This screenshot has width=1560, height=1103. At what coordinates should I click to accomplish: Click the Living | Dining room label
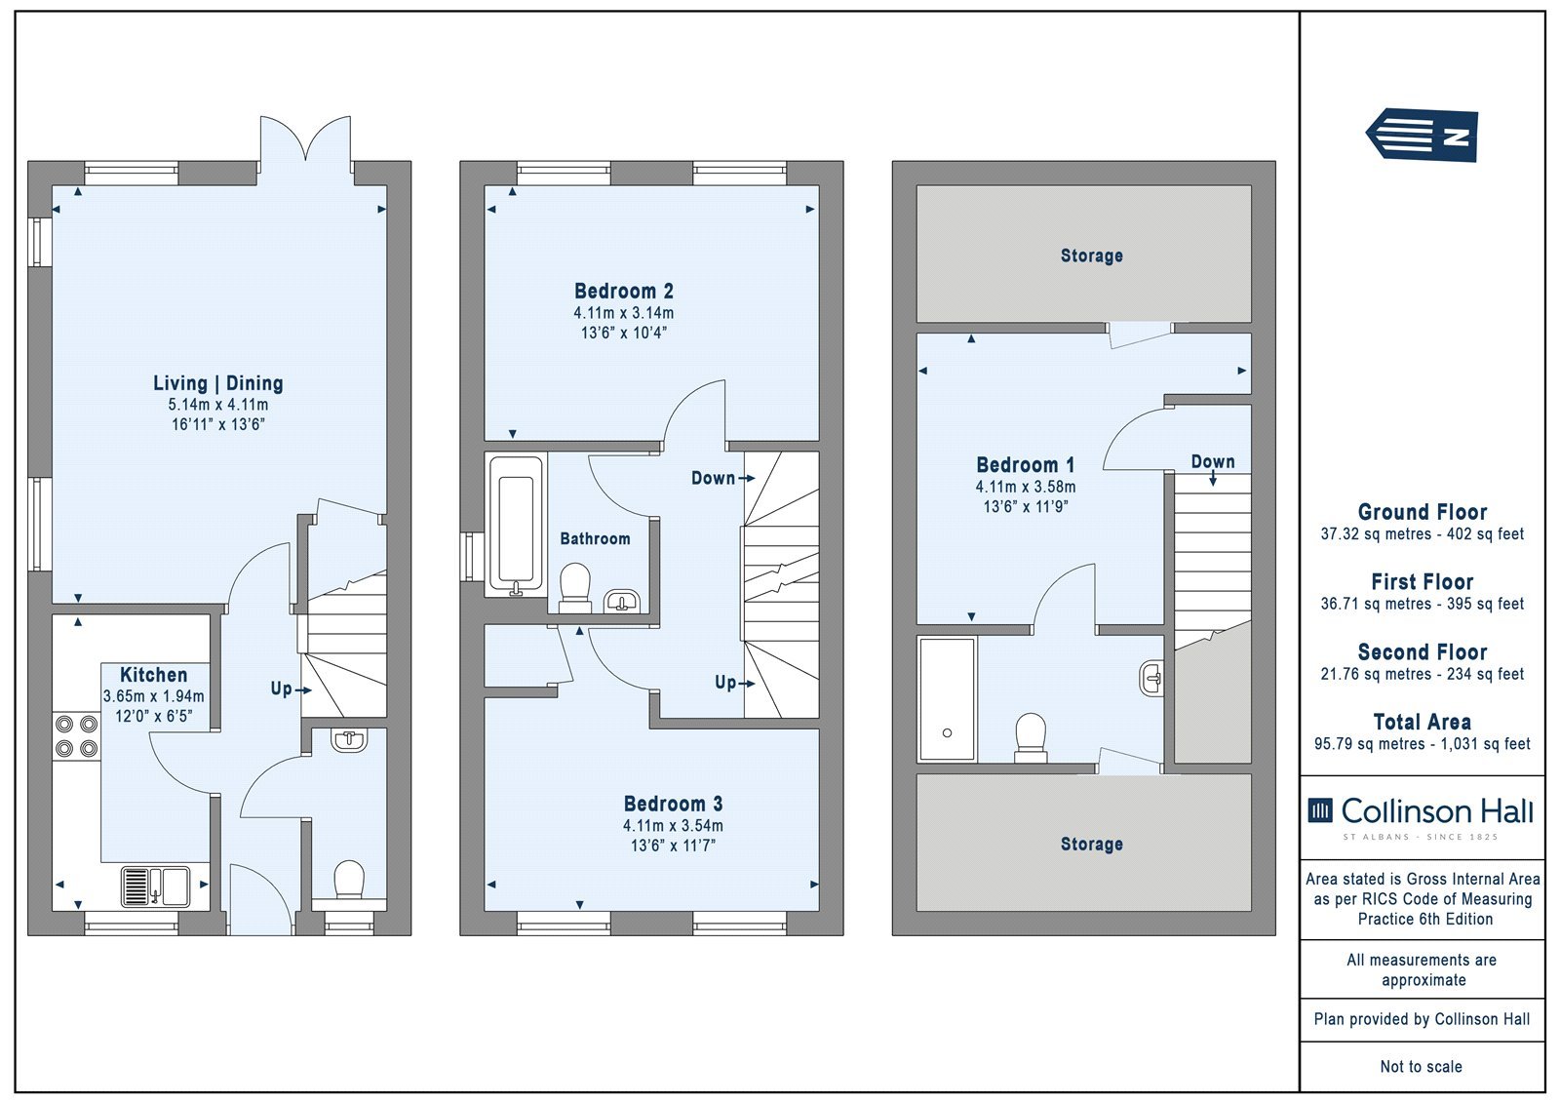pyautogui.click(x=218, y=383)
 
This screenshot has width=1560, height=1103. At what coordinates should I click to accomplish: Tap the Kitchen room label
pyautogui.click(x=153, y=675)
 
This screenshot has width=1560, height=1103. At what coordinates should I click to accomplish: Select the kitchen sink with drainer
pyautogui.click(x=155, y=886)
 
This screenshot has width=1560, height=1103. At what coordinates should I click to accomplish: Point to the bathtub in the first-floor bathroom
pyautogui.click(x=516, y=525)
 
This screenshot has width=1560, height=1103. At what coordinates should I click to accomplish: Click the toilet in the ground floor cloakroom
pyautogui.click(x=350, y=881)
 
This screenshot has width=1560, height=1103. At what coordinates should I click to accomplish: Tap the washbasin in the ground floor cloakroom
pyautogui.click(x=349, y=740)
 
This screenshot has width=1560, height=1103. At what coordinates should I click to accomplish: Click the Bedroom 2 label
pyautogui.click(x=624, y=292)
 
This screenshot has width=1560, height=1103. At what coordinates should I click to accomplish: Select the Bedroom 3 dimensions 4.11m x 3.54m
pyautogui.click(x=673, y=826)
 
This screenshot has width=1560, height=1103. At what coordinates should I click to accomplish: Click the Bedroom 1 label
pyautogui.click(x=1025, y=465)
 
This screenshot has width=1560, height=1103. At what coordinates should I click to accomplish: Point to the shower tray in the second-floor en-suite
pyautogui.click(x=947, y=699)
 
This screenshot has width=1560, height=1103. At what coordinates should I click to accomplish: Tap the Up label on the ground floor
pyautogui.click(x=282, y=689)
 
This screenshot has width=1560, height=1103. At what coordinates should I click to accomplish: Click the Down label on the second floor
pyautogui.click(x=1213, y=461)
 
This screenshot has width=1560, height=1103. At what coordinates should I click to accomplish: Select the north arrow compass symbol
pyautogui.click(x=1422, y=136)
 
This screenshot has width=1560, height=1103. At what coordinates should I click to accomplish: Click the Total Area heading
pyautogui.click(x=1423, y=722)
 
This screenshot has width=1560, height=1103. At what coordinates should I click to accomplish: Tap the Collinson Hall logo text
pyautogui.click(x=1437, y=811)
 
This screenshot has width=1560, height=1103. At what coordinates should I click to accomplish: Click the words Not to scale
pyautogui.click(x=1422, y=1066)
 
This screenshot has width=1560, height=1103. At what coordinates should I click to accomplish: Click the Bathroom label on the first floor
pyautogui.click(x=595, y=538)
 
